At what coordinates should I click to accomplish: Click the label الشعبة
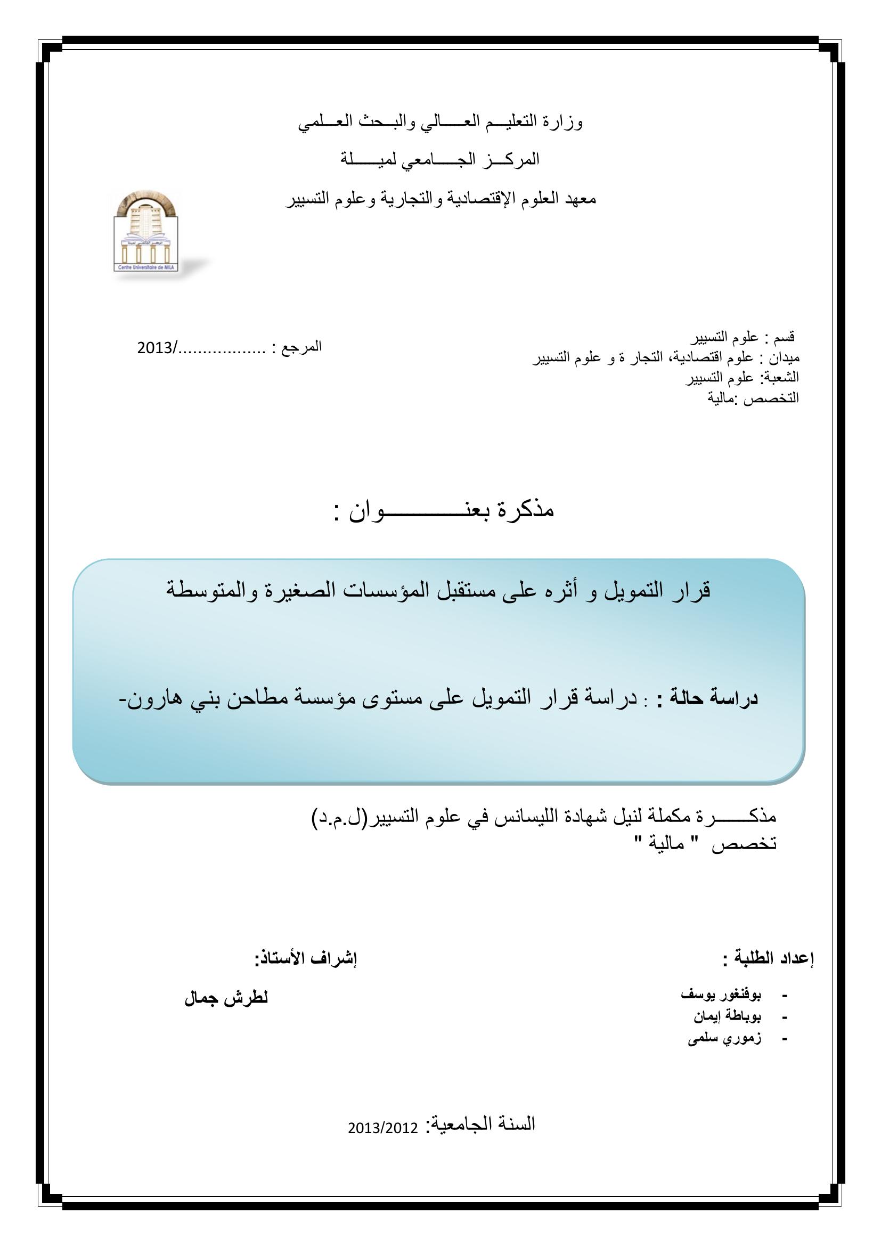[x=781, y=377]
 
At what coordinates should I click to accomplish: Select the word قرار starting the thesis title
[x=692, y=590]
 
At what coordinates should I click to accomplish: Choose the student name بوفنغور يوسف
[x=721, y=995]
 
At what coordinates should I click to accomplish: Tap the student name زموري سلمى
[x=724, y=1038]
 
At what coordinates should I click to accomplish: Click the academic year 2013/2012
[x=383, y=1129]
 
